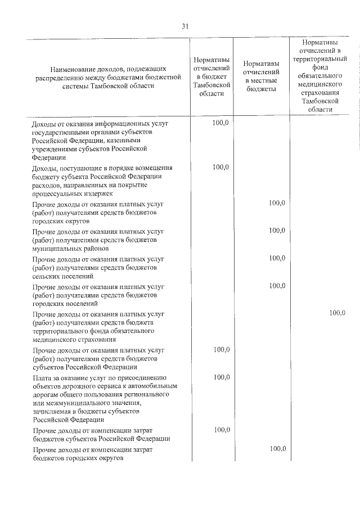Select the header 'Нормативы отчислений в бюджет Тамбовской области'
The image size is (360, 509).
(211, 76)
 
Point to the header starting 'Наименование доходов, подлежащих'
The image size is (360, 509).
(109, 76)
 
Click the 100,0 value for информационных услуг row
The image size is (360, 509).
(221, 122)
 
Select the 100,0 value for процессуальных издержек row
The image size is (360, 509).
(221, 167)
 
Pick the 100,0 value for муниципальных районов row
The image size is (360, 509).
(277, 230)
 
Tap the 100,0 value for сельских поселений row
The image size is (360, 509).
(277, 258)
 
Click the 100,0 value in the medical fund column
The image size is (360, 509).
(337, 313)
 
